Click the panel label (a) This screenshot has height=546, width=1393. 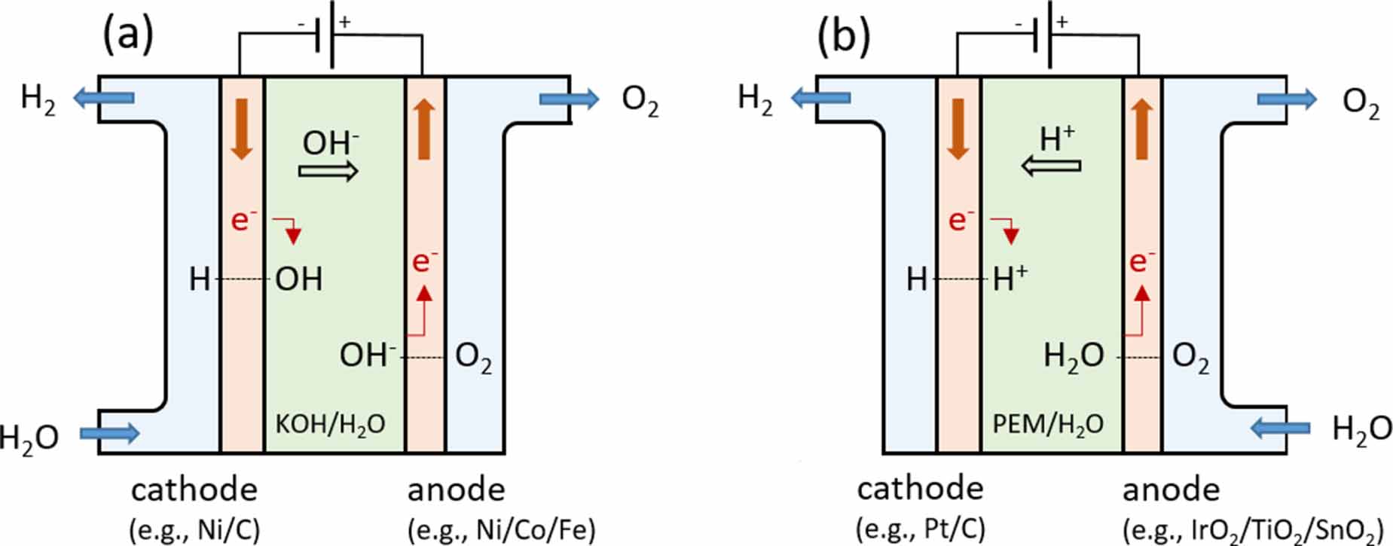[x=128, y=34]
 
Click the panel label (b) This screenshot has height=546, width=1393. [x=844, y=35]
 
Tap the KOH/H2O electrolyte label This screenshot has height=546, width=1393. [x=330, y=424]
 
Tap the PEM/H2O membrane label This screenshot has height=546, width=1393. [x=1048, y=424]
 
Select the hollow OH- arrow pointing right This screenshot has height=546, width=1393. [x=328, y=172]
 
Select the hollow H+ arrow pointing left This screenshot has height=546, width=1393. [x=1051, y=165]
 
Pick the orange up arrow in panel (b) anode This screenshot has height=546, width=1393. [x=1142, y=130]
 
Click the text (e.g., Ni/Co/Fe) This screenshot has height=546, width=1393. [x=501, y=530]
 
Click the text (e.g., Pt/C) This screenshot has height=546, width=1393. [x=920, y=529]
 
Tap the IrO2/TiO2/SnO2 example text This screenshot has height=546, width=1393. [x=1252, y=531]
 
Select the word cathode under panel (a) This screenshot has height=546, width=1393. [x=194, y=490]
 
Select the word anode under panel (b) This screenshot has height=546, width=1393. [x=1171, y=490]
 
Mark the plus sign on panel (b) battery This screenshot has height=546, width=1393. [x=1062, y=22]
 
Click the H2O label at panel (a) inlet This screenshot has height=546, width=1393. [x=29, y=437]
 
